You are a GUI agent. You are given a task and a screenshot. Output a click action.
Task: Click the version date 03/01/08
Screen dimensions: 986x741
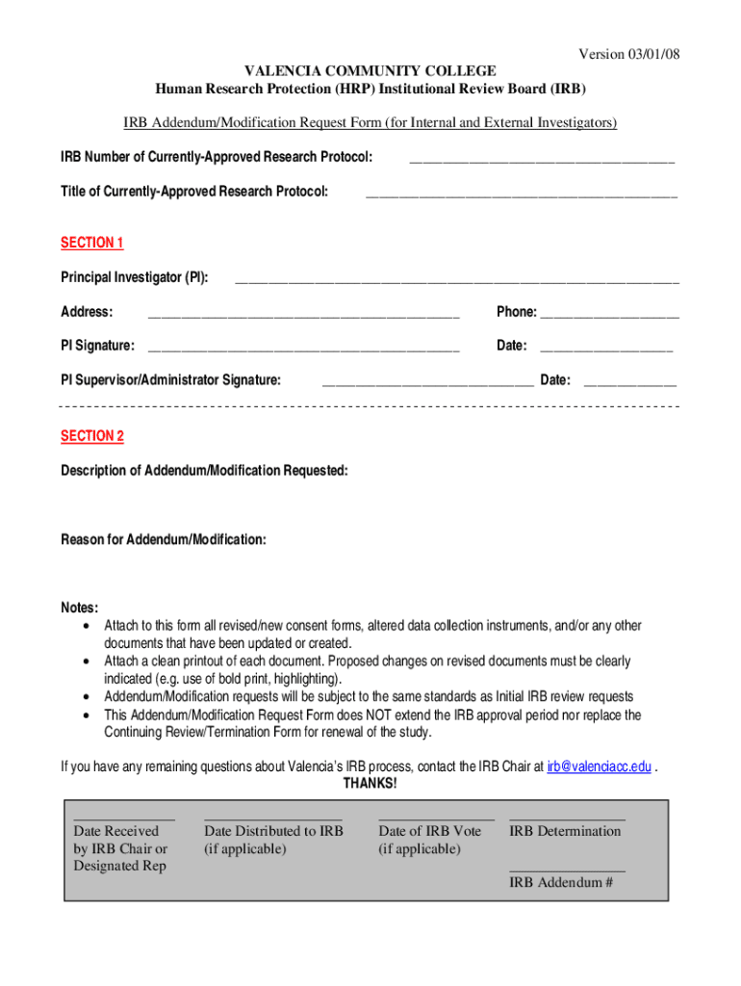pyautogui.click(x=650, y=54)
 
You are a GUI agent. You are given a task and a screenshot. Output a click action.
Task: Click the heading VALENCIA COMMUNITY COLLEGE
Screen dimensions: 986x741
pyautogui.click(x=370, y=71)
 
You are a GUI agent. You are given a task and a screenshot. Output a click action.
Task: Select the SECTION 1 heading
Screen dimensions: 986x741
pyautogui.click(x=92, y=243)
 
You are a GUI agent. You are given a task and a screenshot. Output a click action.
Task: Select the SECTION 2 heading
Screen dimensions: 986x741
pyautogui.click(x=92, y=436)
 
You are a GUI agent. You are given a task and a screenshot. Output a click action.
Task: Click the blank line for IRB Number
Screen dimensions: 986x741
pyautogui.click(x=542, y=159)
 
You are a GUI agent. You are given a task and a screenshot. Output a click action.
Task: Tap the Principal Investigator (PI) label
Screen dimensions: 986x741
pyautogui.click(x=135, y=277)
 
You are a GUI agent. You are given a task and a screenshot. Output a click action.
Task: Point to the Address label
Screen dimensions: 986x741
pyautogui.click(x=87, y=312)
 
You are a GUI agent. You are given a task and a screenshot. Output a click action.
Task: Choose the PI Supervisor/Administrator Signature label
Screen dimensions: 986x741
pyautogui.click(x=171, y=380)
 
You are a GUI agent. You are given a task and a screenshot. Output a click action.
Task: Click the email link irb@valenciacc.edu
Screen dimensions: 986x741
pyautogui.click(x=600, y=767)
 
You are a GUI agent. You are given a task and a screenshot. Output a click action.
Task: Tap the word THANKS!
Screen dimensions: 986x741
pyautogui.click(x=370, y=784)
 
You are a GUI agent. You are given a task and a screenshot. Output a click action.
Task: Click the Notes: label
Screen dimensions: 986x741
pyautogui.click(x=80, y=608)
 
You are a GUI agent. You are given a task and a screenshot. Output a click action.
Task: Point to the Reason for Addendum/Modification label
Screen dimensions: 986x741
pyautogui.click(x=164, y=539)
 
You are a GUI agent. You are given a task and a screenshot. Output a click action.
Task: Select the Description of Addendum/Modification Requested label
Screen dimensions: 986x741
pyautogui.click(x=204, y=470)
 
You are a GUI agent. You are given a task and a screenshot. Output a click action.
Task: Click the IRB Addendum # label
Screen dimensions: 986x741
pyautogui.click(x=561, y=882)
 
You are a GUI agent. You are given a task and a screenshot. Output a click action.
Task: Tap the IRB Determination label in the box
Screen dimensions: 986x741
pyautogui.click(x=565, y=831)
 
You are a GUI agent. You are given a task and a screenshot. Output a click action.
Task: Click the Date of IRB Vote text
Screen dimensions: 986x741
pyautogui.click(x=430, y=831)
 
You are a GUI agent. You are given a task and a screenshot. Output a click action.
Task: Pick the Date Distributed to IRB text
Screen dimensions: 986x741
pyautogui.click(x=273, y=831)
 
